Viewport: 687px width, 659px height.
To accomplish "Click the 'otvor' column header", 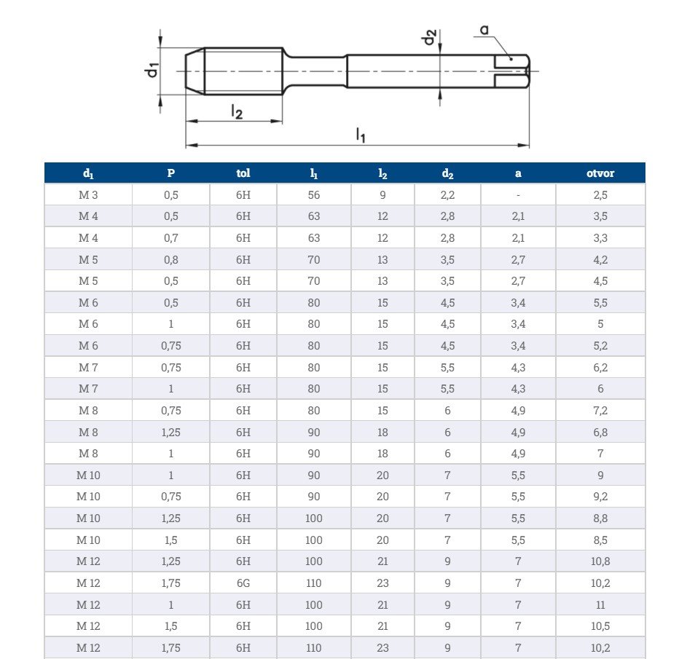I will coord(600,173).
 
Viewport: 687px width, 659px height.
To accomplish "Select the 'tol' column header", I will coord(243,173).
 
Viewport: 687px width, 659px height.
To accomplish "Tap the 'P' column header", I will coord(171,173).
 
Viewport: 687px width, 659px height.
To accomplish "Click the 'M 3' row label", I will coord(88,195).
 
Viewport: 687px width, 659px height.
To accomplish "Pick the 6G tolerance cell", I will coord(243,583).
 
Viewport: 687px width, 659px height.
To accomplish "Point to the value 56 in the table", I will coord(313,195).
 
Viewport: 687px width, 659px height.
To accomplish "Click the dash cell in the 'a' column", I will coord(518,195).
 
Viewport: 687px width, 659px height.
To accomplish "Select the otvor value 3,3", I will coord(600,238).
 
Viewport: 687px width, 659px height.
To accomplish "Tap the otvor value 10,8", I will coord(600,561).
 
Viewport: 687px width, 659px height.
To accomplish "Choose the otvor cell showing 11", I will coord(600,605).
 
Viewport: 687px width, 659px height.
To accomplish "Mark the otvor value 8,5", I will coord(600,540).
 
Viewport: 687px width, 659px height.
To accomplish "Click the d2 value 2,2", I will coord(447,195).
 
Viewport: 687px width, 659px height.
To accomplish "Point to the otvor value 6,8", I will coord(600,433).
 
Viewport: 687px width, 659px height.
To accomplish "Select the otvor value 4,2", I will coord(600,260).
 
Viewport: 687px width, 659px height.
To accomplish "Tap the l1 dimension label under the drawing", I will coord(360,134).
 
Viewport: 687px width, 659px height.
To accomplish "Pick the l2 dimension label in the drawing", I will coord(236,111).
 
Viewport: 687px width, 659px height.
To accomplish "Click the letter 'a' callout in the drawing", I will coord(484,31).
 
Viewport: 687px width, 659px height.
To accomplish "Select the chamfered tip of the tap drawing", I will coord(195,71).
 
